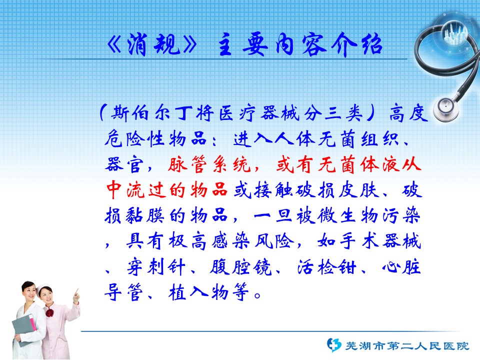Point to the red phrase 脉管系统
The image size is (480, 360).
209,164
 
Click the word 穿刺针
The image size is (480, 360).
156,267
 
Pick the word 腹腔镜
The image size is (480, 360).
240,267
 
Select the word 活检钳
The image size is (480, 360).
326,267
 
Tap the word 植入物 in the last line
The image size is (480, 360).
198,292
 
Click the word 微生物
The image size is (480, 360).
347,215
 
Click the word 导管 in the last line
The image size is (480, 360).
123,292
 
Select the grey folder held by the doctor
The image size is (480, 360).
23,329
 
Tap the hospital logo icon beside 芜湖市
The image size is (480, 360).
333,345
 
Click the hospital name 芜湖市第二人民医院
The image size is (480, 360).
407,346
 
